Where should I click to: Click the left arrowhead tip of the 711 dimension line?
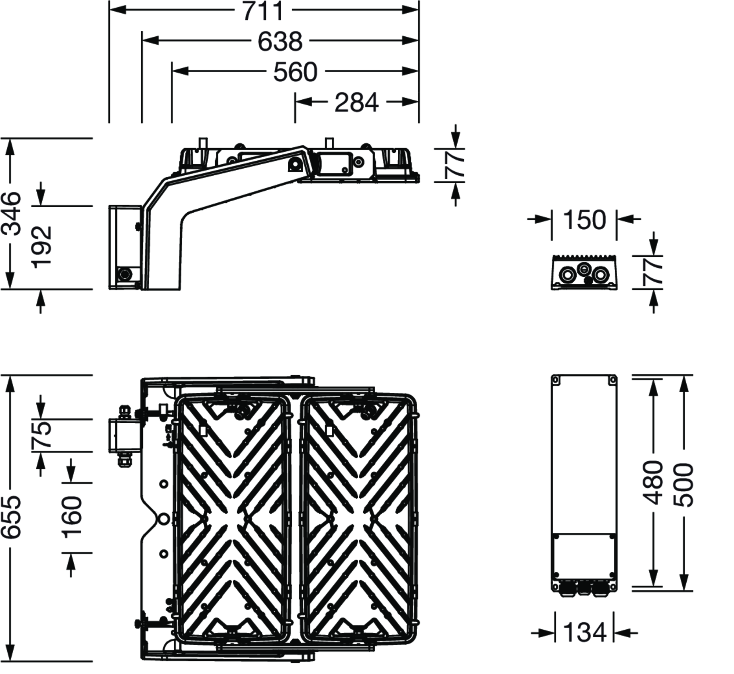click(109, 10)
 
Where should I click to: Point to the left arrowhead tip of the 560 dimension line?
click(172, 71)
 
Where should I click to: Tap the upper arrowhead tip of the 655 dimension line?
click(11, 376)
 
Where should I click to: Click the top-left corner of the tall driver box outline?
click(552, 375)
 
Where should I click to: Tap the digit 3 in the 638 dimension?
click(280, 41)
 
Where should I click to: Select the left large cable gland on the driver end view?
click(567, 274)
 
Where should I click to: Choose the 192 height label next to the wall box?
click(41, 247)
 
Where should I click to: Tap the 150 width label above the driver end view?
click(584, 220)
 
